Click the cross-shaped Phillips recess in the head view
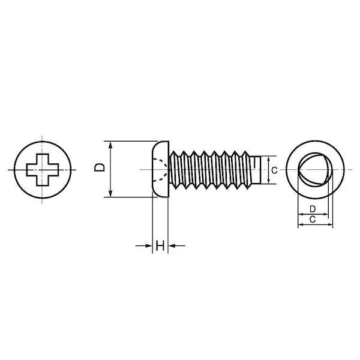pyautogui.click(x=43, y=170)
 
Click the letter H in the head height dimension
pyautogui.click(x=160, y=245)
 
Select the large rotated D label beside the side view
pyautogui.click(x=100, y=167)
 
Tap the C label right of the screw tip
pyautogui.click(x=274, y=170)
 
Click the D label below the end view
pyautogui.click(x=313, y=209)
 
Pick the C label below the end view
pyautogui.click(x=313, y=220)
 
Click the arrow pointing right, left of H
pyautogui.click(x=144, y=246)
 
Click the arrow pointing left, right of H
pyautogui.click(x=177, y=246)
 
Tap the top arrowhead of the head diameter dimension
pyautogui.click(x=110, y=145)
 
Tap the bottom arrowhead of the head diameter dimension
pyautogui.click(x=110, y=193)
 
